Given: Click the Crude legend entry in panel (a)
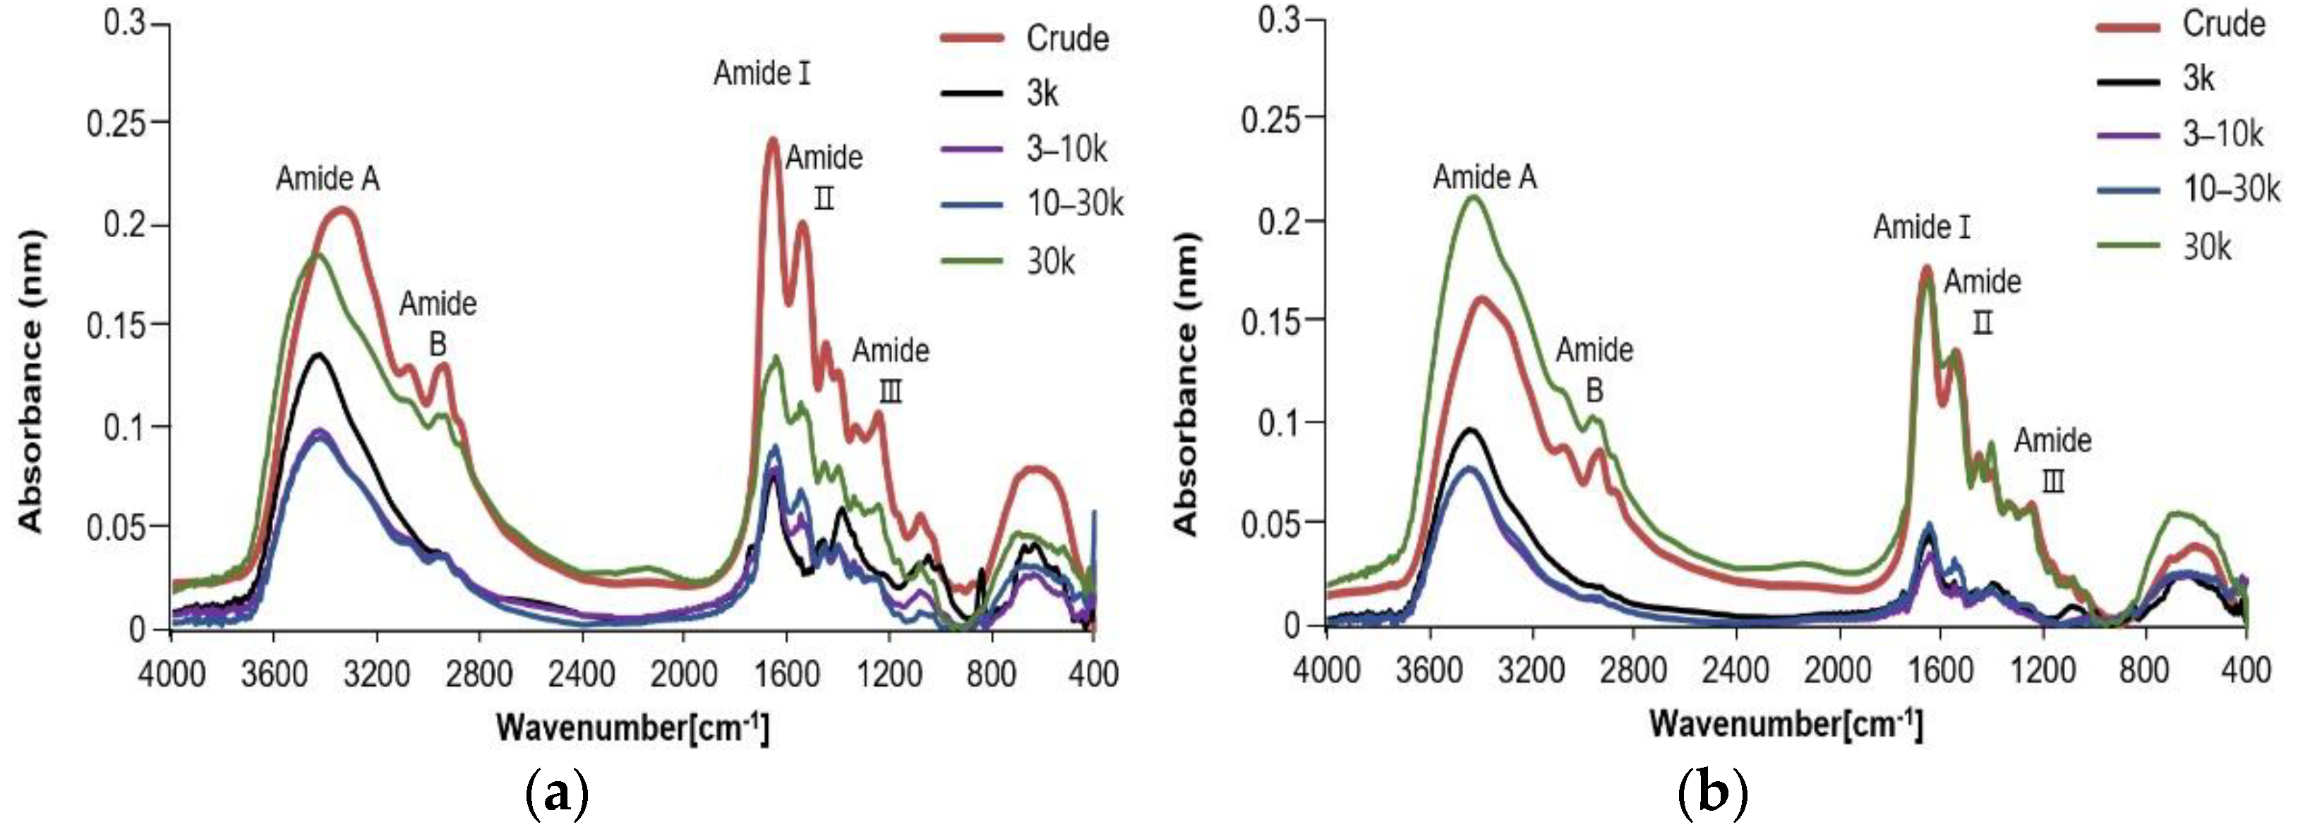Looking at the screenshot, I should point(1067,38).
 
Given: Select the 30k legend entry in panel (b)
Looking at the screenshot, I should point(2207,247).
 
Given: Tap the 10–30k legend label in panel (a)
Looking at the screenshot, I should point(1075,204).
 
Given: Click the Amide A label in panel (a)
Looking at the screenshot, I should point(327,179).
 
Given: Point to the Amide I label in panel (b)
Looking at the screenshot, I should point(1922,227).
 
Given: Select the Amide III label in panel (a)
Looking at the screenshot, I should point(890,369).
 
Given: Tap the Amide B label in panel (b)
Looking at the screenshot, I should point(1594,369).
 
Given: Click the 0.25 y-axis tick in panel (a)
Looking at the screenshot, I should point(115,123).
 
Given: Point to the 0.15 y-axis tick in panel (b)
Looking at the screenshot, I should point(1270,321).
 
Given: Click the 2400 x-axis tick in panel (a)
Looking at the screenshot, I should point(582,674).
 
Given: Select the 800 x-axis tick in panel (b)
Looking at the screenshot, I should point(2143,670).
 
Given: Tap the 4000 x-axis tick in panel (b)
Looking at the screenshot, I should point(1327,670).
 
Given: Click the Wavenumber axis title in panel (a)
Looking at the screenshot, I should point(632,728).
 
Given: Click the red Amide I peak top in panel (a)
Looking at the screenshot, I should point(773,140).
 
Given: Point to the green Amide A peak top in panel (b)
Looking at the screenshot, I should point(1473,197).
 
